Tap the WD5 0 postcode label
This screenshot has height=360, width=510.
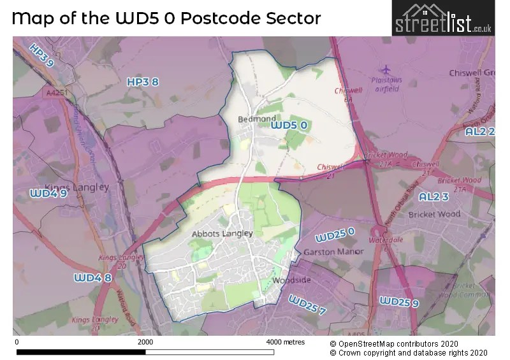coord(289,126)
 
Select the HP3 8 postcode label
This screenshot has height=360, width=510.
coord(142,82)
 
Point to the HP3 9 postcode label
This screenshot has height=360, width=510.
coord(41,55)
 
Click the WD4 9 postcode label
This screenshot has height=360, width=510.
coord(48,193)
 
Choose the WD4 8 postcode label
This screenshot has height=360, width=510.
coord(92,278)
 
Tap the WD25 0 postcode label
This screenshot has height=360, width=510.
coord(335,237)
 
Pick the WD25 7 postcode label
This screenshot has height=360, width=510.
coord(307,305)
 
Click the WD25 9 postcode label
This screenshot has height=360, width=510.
coord(398,301)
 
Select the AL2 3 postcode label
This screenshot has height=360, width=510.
coord(438,197)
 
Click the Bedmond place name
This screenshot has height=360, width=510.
coord(256,119)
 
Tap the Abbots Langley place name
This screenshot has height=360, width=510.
coord(222,233)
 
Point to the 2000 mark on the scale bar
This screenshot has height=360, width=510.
coord(145,342)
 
